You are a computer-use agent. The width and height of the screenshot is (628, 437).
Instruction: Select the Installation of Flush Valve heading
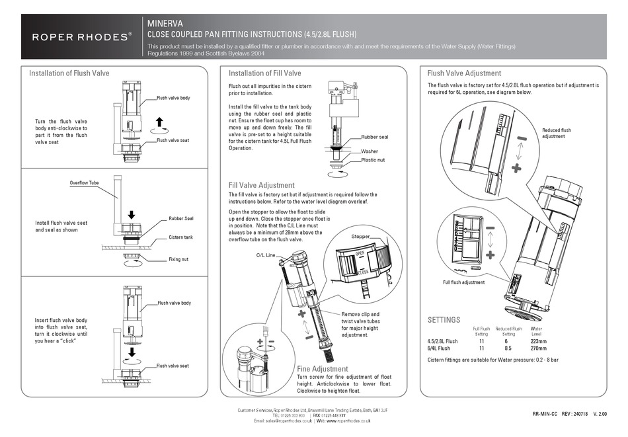coord(69,73)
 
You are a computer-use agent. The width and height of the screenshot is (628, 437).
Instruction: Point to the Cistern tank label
coord(180,237)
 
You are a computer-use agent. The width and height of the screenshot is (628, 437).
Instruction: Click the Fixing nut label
coord(178,259)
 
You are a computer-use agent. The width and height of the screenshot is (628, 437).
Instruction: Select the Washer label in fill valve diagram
coord(370,151)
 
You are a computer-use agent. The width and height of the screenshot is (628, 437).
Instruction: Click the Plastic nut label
coord(373,161)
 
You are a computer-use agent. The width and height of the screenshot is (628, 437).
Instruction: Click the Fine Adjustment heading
coord(323,368)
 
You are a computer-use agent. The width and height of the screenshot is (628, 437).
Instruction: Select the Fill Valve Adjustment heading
coord(261,185)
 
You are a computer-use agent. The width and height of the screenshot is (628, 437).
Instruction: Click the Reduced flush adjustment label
coord(556,134)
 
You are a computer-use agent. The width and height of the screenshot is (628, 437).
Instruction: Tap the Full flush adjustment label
coord(463,282)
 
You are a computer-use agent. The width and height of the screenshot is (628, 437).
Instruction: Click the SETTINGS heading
coord(444,319)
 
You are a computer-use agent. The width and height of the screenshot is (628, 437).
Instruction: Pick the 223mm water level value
coord(536,340)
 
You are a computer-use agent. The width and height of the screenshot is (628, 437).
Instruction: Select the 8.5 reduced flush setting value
coord(508,348)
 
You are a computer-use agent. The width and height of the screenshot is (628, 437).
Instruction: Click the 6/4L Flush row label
coord(439,348)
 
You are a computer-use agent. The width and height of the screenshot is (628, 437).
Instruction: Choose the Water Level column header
coord(536,331)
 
